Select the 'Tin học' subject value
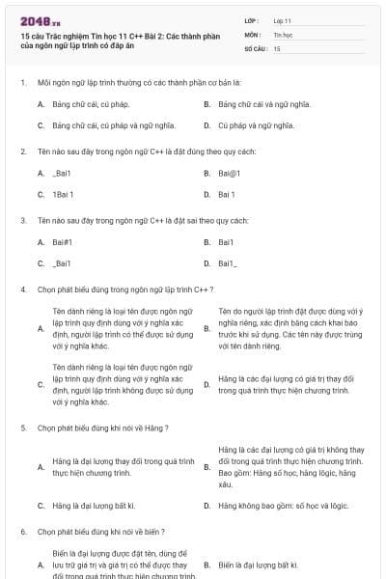pyautogui.click(x=283, y=34)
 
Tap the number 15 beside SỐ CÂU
pyautogui.click(x=277, y=47)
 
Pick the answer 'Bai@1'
pyautogui.click(x=229, y=173)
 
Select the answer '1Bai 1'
pyautogui.click(x=63, y=194)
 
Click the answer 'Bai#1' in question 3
pyautogui.click(x=63, y=241)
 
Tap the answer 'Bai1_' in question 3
pyautogui.click(x=229, y=262)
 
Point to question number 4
pyautogui.click(x=22, y=289)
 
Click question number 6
pyautogui.click(x=22, y=531)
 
